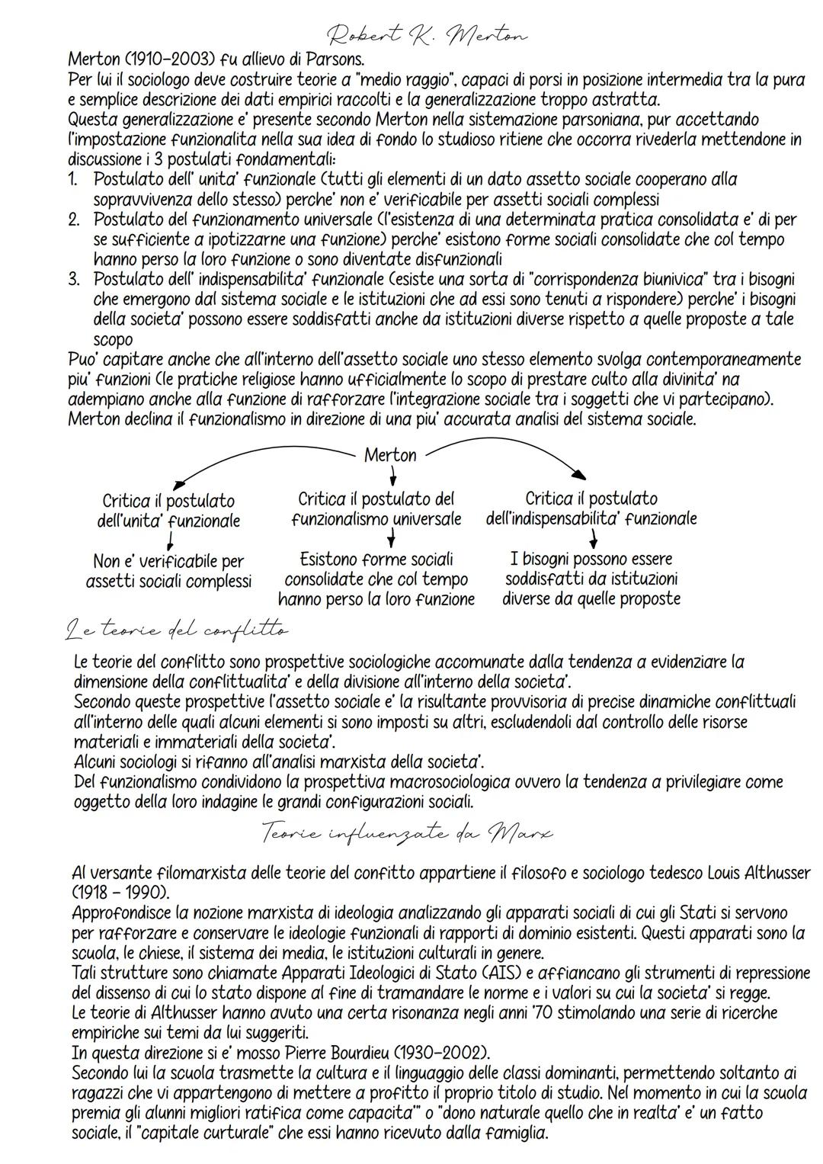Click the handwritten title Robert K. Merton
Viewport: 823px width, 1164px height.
coord(427,35)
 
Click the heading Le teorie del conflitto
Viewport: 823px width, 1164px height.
coord(177,630)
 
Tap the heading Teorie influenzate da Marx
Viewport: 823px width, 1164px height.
coord(407,832)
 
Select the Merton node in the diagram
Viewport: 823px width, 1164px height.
coord(390,455)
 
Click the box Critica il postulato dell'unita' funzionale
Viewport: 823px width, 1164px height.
coord(168,511)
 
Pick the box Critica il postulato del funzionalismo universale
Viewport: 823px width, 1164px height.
coord(376,508)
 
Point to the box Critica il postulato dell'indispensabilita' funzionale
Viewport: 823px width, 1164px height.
coord(591,508)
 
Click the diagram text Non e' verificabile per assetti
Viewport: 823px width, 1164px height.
coord(168,571)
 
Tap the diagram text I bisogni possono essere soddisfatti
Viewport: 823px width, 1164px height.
coord(591,579)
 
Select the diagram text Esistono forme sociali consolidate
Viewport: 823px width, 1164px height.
coord(376,579)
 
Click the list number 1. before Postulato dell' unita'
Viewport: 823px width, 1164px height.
coord(74,179)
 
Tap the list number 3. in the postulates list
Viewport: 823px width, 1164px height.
coord(74,279)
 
